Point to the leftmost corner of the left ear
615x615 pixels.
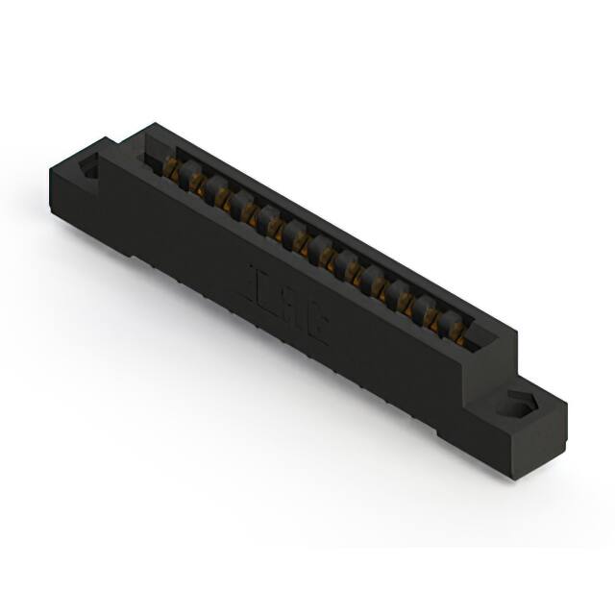pos(48,173)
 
